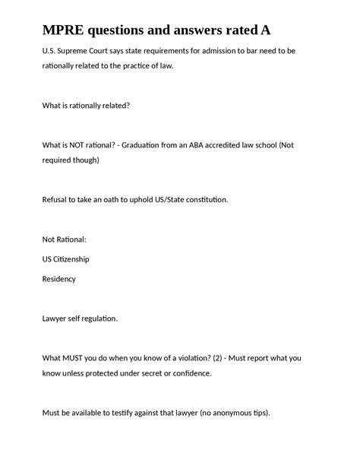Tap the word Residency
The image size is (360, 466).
(59, 279)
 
